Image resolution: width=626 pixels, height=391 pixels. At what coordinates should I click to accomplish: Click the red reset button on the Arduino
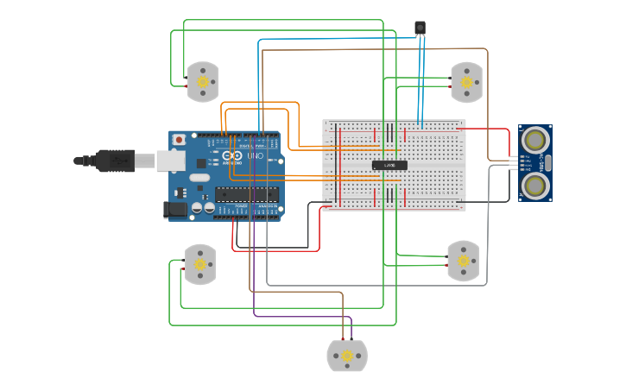(x=179, y=140)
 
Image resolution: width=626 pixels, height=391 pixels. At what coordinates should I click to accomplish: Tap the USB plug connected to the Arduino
(x=112, y=161)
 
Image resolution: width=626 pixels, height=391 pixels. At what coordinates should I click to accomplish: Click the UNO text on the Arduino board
(x=256, y=155)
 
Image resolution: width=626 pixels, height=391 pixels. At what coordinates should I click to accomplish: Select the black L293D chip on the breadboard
(x=389, y=164)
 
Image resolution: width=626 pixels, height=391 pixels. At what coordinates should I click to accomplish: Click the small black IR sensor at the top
(x=420, y=28)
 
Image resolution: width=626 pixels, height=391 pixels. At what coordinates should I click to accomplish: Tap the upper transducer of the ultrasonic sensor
(x=535, y=140)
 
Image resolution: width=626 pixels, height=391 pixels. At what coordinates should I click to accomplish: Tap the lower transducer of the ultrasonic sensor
(x=535, y=184)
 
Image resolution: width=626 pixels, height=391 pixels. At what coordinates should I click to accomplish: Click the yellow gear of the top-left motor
(x=204, y=82)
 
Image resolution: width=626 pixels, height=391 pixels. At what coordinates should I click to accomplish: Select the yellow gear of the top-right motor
(x=467, y=83)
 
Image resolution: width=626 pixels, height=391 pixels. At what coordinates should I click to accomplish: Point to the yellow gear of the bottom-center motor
(x=347, y=356)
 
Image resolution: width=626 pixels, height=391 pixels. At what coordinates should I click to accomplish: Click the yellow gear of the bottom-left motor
(x=201, y=264)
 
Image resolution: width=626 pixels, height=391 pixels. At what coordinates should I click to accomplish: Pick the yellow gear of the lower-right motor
(x=463, y=261)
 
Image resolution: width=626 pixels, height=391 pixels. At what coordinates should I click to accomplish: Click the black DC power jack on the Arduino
(x=174, y=209)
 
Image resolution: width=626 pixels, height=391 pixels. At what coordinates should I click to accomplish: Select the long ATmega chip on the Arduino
(x=247, y=193)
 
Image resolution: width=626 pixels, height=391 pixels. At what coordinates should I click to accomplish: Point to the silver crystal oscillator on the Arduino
(x=199, y=178)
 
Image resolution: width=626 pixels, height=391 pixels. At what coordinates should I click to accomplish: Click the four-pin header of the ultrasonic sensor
(x=515, y=161)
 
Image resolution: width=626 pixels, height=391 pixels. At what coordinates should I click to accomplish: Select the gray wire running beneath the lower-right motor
(x=389, y=285)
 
